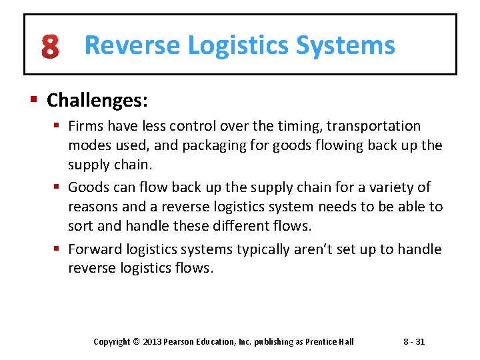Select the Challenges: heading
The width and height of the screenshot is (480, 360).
point(97,101)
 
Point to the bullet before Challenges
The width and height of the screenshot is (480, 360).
point(33,101)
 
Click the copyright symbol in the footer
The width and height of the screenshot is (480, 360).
point(136,342)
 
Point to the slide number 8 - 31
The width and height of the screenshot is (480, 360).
point(414,342)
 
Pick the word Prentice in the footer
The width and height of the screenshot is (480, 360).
point(320,342)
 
